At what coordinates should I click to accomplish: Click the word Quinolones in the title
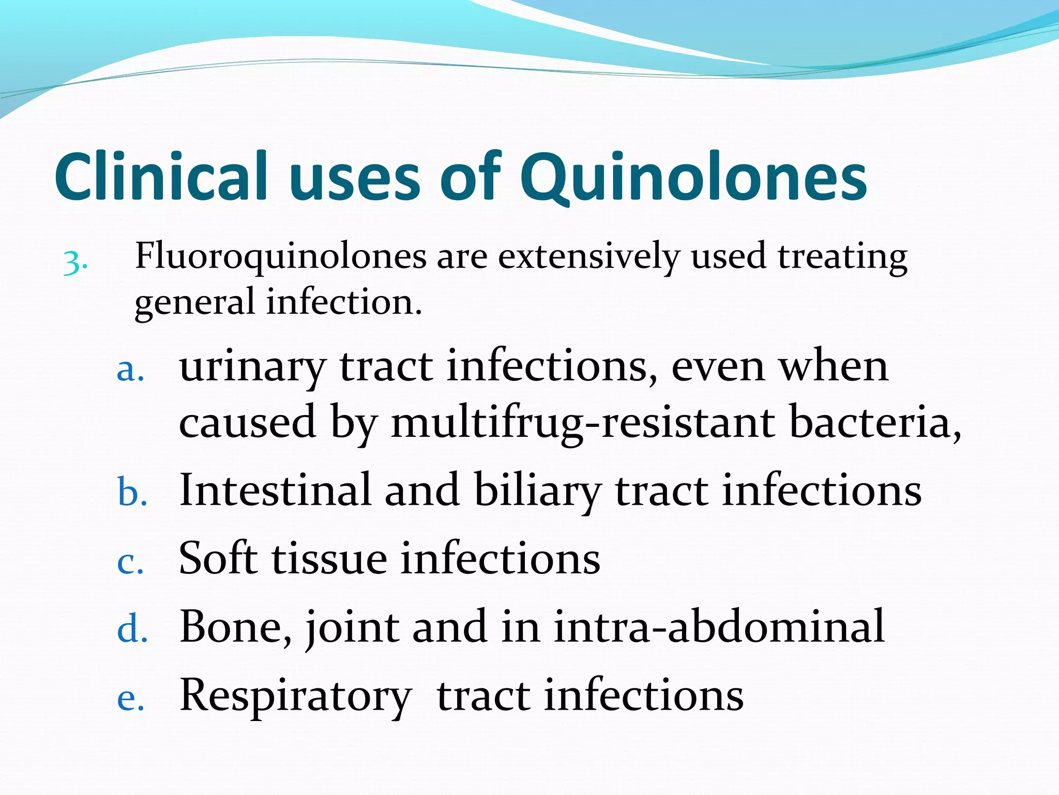tap(693, 177)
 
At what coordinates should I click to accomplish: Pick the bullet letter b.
tap(132, 491)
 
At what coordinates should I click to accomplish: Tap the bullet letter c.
tap(130, 563)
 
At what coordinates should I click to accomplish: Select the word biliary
tap(538, 491)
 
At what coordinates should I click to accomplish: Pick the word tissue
tap(329, 559)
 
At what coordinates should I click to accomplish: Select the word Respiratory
tap(295, 696)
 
